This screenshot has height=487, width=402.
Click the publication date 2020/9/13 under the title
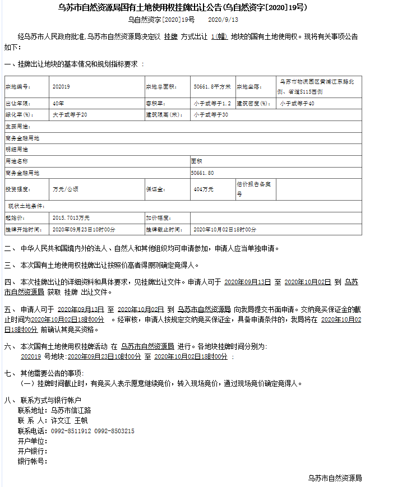click(x=223, y=20)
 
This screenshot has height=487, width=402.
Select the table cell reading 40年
click(x=58, y=104)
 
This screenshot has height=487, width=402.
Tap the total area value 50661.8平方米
click(x=212, y=87)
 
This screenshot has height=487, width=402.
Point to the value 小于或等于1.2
click(x=212, y=104)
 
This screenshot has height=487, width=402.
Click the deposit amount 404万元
click(x=204, y=190)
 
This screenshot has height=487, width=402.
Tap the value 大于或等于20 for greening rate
click(x=70, y=115)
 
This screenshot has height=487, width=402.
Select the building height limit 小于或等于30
click(x=211, y=115)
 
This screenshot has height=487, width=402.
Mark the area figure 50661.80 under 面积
click(x=202, y=173)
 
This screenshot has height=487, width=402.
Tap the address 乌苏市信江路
click(x=71, y=410)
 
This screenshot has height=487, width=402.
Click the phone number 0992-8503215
click(x=114, y=431)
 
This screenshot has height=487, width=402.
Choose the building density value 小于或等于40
click(x=297, y=104)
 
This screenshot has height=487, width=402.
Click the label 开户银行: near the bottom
click(x=33, y=451)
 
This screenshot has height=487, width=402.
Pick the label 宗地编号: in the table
click(x=19, y=87)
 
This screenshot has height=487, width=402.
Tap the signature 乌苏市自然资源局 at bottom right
click(x=335, y=478)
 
